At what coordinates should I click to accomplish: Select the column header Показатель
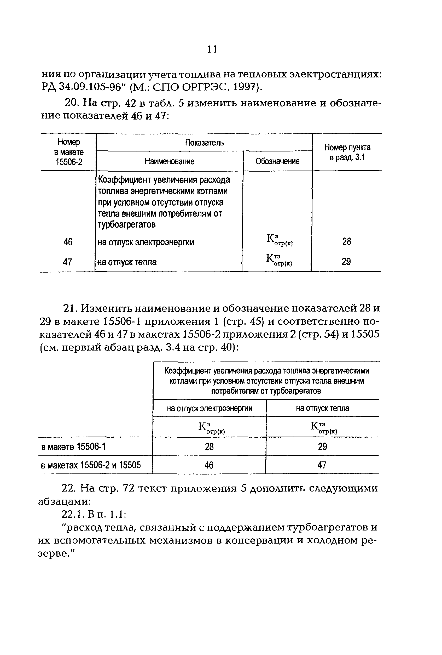point(204,143)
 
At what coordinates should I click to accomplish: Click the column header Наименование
point(170,161)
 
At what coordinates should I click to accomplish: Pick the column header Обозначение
point(277,161)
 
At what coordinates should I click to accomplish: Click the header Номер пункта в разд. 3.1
point(347,152)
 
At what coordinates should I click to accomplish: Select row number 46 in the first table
point(68,242)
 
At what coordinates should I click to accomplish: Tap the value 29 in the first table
point(346,262)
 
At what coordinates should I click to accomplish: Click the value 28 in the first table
point(346,241)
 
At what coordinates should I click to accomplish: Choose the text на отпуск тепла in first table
point(127,262)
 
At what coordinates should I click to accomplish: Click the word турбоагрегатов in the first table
point(126,225)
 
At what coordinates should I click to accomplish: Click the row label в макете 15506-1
point(73,447)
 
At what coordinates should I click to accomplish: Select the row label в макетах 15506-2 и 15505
point(91,465)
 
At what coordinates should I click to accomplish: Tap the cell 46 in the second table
point(209,465)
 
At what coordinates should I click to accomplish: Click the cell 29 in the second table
point(322,447)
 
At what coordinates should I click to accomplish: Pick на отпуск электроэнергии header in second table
point(210,408)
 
